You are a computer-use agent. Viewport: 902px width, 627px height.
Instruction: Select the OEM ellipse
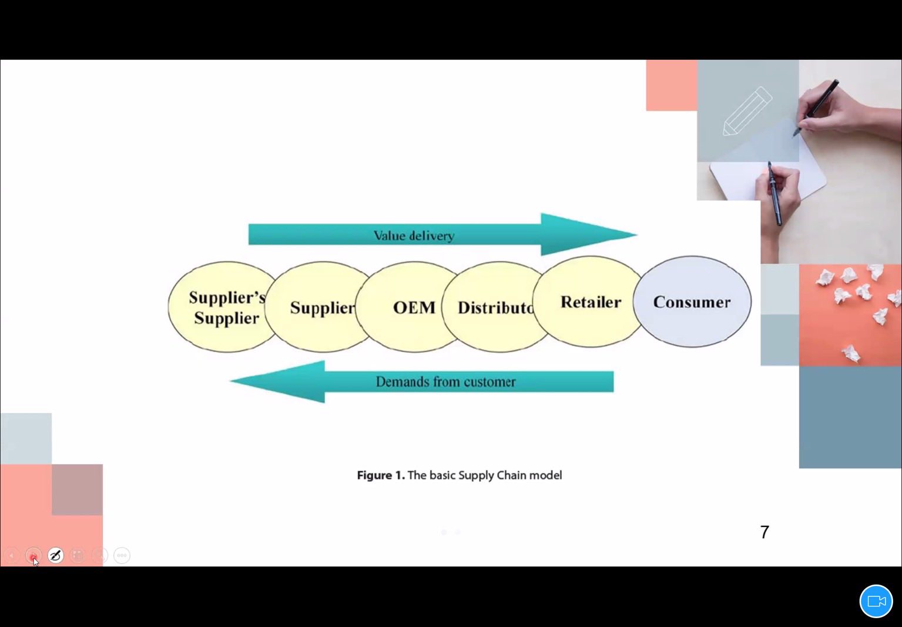click(x=414, y=307)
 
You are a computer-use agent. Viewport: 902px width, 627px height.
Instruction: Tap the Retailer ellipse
click(x=590, y=302)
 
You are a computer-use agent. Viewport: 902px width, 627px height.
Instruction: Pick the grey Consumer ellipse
click(x=692, y=302)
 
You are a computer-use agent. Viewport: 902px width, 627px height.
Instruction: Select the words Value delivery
click(x=414, y=236)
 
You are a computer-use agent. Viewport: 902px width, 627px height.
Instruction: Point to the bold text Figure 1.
click(x=380, y=475)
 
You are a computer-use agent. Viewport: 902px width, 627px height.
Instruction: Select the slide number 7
click(x=764, y=532)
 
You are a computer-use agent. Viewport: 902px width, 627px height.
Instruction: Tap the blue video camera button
click(x=876, y=601)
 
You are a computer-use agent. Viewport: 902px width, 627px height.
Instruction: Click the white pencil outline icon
click(x=747, y=111)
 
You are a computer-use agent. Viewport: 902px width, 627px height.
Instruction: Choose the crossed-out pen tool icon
click(x=55, y=555)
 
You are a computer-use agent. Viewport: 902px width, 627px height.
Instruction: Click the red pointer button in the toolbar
click(x=33, y=555)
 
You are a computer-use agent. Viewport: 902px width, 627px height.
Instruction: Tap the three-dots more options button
click(x=122, y=555)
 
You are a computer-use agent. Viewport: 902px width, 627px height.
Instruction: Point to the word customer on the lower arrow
click(x=489, y=382)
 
